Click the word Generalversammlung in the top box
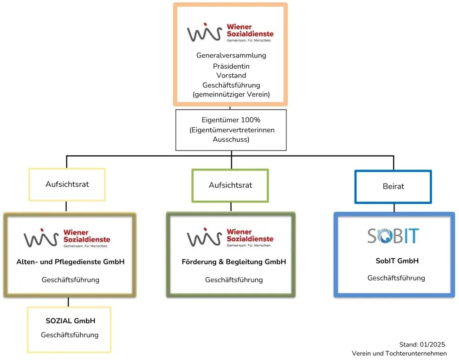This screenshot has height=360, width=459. point(231,55)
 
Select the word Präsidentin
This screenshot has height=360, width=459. point(231,66)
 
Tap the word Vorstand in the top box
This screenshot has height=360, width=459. point(231,75)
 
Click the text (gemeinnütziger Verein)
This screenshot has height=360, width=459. point(231,95)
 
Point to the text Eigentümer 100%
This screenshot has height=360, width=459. point(231,120)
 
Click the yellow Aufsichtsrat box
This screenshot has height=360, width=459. point(67,184)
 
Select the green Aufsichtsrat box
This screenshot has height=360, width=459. point(230,185)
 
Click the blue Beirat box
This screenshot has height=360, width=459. point(393,186)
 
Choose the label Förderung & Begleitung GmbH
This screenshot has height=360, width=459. point(233,262)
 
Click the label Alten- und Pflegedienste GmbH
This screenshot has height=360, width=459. point(70,262)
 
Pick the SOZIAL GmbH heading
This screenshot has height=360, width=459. point(70,321)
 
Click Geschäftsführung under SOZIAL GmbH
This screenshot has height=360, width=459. point(70,335)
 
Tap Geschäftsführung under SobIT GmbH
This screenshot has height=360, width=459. point(396,278)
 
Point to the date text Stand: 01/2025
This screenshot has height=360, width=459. point(422,345)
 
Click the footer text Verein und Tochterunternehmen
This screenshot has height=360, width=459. point(399,353)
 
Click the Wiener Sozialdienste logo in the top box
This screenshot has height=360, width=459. point(230,33)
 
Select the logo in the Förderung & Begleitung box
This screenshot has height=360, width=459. point(230,237)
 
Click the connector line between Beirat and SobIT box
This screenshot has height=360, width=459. point(394,208)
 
